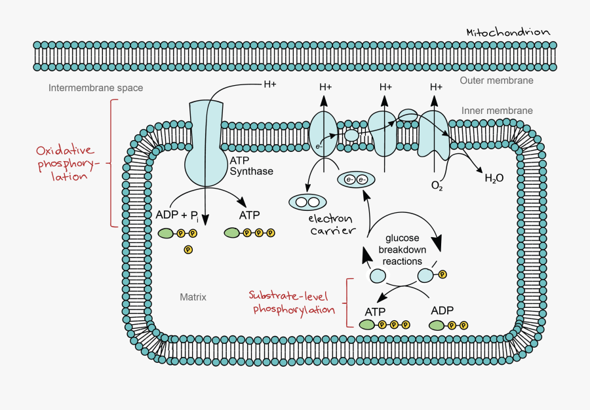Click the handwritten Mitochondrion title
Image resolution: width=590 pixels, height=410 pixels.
pos(508,32)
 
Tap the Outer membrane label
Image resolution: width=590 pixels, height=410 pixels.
pos(496,81)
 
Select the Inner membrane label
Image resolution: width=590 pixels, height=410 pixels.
pos(497,111)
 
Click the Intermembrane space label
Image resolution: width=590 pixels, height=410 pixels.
pos(96,88)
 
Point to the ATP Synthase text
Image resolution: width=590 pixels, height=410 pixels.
pos(251,166)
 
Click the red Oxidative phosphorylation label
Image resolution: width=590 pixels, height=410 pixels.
pos(64,163)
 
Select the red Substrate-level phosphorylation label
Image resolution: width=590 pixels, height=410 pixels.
pos(294,303)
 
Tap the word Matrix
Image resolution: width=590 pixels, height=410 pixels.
pos(193,297)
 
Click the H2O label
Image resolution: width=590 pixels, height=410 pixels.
pos(494,177)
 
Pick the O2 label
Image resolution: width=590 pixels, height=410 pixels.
pos(437,186)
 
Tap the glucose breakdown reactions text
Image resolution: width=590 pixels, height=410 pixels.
pos(403,250)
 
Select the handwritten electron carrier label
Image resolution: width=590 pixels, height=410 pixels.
pos(330,225)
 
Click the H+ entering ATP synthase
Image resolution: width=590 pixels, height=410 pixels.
pos(269,84)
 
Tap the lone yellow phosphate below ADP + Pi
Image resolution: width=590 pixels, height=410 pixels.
pos(188,249)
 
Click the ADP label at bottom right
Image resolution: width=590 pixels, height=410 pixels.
pos(442,310)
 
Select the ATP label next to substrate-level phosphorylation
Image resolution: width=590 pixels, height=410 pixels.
pos(375,311)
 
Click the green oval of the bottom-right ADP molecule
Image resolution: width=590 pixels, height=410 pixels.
pos(437,325)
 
